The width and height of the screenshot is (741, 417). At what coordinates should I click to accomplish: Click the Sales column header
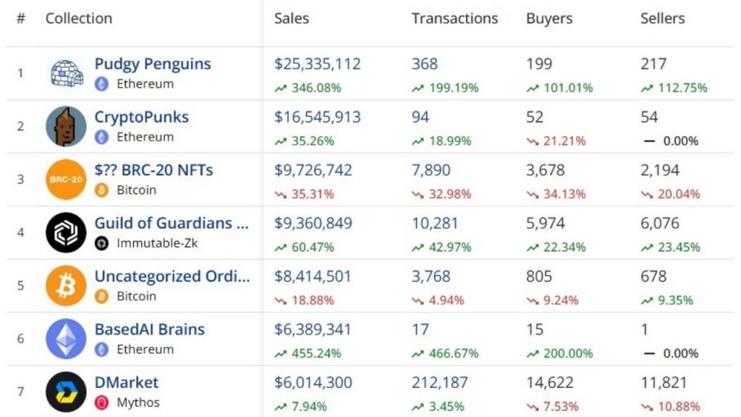click(291, 19)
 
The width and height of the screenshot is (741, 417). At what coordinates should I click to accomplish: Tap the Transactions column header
click(454, 19)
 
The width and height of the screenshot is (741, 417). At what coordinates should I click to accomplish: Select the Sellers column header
click(662, 19)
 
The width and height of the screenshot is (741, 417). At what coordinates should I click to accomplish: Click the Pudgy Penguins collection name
click(153, 64)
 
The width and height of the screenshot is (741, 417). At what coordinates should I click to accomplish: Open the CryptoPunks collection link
click(141, 117)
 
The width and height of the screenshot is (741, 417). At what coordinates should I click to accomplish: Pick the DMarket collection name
click(126, 382)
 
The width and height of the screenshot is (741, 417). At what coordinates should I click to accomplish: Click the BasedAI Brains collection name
click(149, 329)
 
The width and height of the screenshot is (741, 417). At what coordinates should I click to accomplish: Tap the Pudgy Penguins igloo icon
click(66, 73)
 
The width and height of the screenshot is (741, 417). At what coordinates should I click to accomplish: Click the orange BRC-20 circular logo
click(66, 179)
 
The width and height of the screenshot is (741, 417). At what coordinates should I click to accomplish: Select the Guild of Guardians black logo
click(66, 232)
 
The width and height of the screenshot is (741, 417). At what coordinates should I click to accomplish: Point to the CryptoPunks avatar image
click(66, 126)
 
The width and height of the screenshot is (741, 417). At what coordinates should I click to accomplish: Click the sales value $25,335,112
click(317, 64)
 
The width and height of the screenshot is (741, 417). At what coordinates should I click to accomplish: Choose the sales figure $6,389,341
click(313, 329)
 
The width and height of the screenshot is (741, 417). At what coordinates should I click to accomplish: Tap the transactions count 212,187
click(439, 382)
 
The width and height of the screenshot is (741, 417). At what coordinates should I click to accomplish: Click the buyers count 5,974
click(545, 223)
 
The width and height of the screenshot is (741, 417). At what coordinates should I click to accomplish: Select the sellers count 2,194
click(659, 170)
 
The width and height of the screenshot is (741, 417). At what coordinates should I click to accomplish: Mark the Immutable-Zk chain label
click(157, 243)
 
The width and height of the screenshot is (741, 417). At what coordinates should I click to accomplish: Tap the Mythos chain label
click(138, 402)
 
